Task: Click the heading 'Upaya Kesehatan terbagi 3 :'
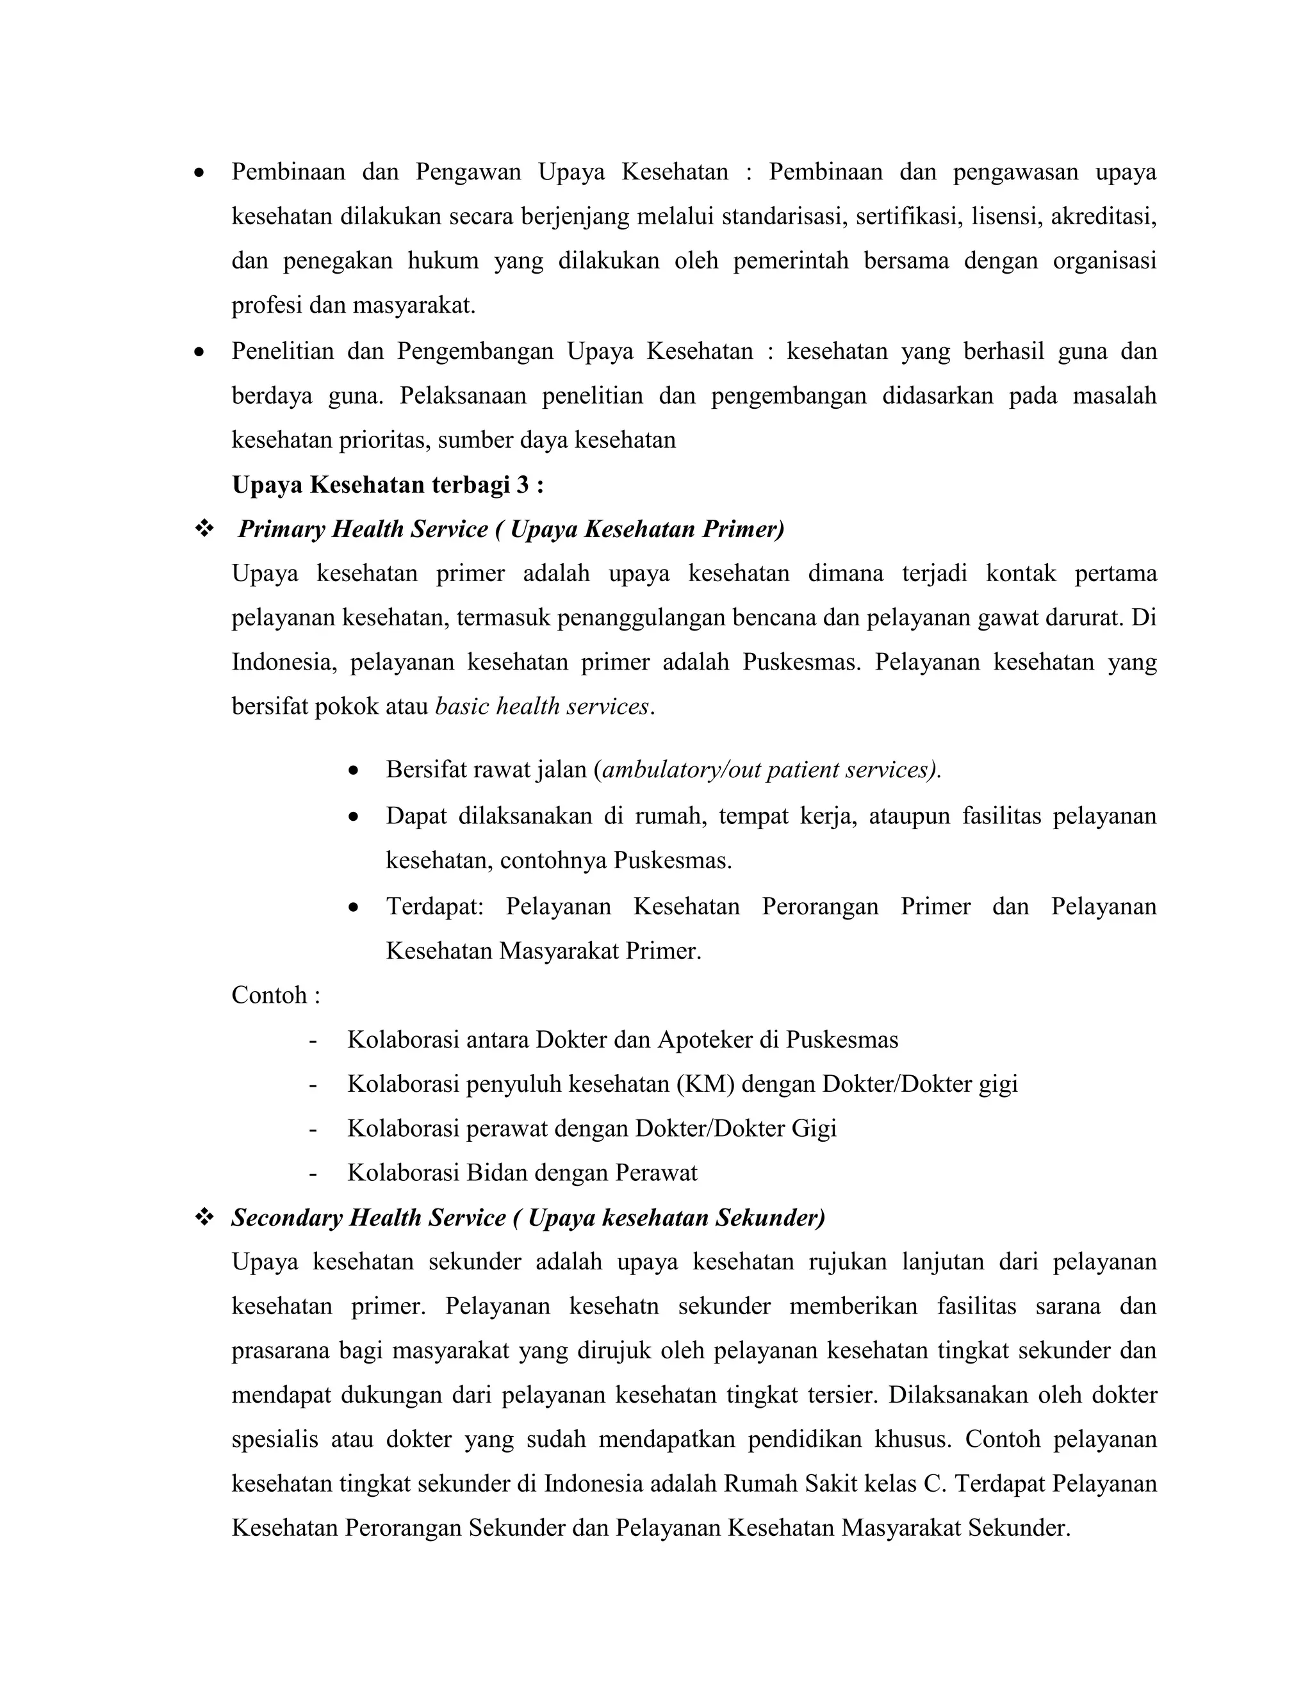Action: point(387,485)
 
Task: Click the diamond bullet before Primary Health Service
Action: point(204,529)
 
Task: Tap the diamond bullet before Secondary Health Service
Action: point(204,1217)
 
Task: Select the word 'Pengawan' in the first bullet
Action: point(468,172)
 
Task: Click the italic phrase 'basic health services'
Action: point(542,707)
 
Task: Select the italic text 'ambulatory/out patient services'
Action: point(768,770)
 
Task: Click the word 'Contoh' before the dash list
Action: point(269,995)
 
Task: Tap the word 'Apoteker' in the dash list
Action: point(704,1039)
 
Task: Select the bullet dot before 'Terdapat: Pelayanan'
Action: point(354,907)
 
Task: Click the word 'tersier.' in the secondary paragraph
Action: point(844,1396)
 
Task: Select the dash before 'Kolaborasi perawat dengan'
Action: point(313,1129)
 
